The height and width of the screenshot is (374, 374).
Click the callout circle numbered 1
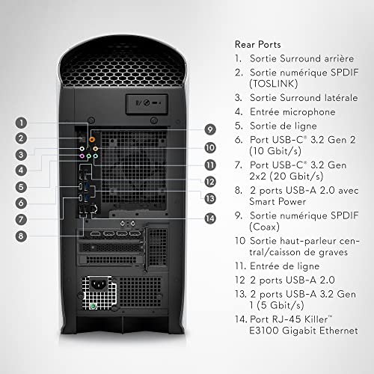coord(22,121)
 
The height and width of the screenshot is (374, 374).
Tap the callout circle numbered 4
coord(22,170)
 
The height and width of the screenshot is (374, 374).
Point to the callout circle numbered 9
coord(210,128)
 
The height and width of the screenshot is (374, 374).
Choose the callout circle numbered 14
coord(210,218)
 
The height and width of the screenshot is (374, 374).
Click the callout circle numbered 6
coord(22,203)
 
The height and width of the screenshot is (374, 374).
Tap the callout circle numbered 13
coord(210,198)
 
